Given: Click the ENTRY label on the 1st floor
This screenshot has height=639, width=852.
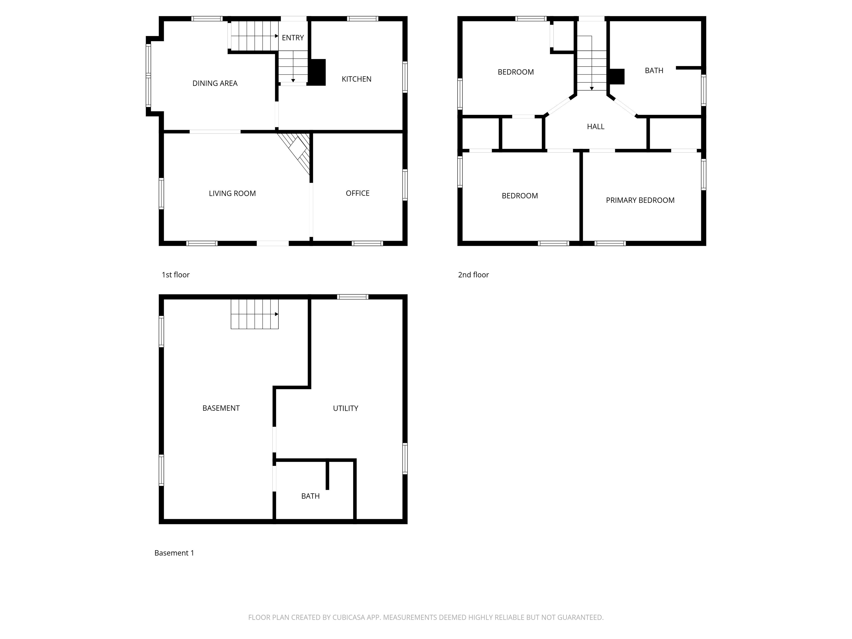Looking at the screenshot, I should [292, 38].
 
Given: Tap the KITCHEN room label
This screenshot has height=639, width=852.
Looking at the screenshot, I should [356, 79].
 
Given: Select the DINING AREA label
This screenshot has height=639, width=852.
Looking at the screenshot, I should [215, 83].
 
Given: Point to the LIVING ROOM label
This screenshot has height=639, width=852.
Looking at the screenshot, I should [232, 193].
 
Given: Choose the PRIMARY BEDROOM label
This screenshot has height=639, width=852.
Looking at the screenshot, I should [640, 200].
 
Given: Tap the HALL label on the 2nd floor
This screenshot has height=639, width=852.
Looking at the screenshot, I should [595, 126].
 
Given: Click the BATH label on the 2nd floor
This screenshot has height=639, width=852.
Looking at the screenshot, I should [654, 70].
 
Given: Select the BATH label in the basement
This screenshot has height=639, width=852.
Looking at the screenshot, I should [310, 496].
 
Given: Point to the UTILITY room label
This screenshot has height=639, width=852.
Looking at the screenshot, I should [345, 408].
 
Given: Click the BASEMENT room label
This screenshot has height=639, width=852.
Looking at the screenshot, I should [221, 408].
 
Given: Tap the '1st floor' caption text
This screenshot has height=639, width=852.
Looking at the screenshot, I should [175, 275].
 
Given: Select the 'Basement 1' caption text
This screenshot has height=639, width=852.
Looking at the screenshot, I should [174, 553].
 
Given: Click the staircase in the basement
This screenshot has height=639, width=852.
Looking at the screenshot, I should [254, 314].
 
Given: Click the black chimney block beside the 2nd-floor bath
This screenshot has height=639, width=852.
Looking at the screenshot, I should [616, 76].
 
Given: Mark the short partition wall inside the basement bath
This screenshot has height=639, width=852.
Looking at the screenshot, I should [327, 475].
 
